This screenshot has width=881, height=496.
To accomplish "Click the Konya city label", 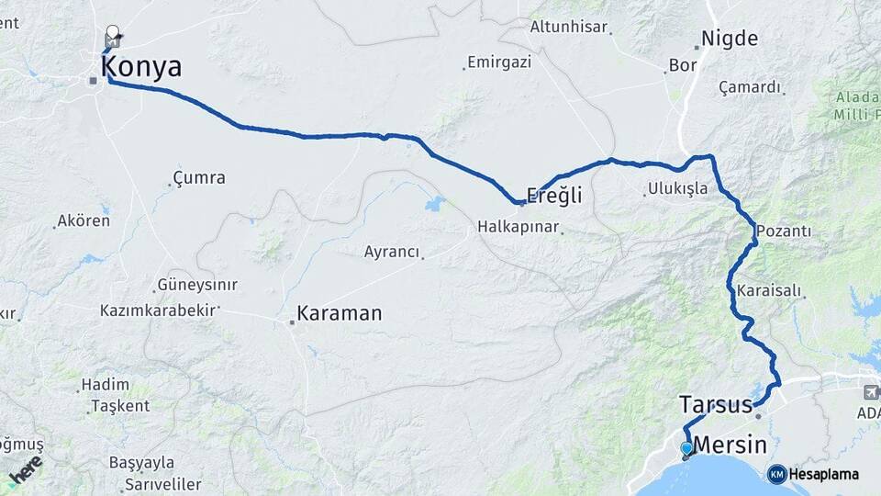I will (x=141, y=67).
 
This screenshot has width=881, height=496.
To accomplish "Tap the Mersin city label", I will (x=730, y=445).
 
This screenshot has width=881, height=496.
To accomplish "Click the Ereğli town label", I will (x=554, y=197).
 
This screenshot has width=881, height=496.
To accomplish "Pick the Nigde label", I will (x=730, y=39).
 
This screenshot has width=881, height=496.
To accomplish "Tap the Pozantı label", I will (x=785, y=231).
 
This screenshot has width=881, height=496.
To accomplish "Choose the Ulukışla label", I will (x=678, y=189).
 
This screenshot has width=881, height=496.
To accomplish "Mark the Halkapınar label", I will (x=518, y=226).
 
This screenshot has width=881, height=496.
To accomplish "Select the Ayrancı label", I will (x=392, y=252).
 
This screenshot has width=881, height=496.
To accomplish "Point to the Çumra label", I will (x=199, y=177).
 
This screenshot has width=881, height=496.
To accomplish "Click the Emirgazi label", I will (x=499, y=62).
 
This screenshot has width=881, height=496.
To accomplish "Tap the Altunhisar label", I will (x=569, y=28).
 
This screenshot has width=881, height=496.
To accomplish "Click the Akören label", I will (x=84, y=220).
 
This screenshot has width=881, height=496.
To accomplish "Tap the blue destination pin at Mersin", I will (x=686, y=449).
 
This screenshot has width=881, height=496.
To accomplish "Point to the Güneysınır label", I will (x=198, y=285).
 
